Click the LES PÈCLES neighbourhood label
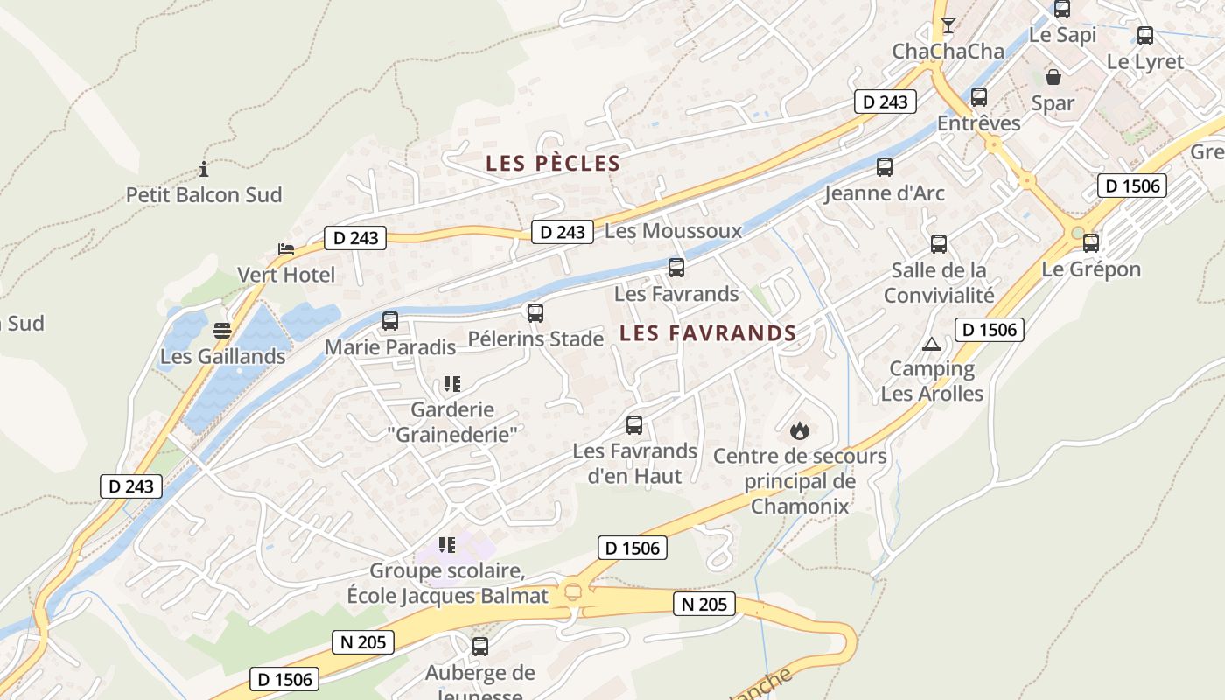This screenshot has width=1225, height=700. pos(553,164)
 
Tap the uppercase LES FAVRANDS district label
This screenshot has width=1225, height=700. pos(708,333)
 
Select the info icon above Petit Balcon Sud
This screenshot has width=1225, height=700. pos(204,169)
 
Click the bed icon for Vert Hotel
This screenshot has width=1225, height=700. pos(286,249)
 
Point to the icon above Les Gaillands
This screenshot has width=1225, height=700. pos(222,331)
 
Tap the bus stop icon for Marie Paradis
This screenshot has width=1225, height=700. pos(390,321)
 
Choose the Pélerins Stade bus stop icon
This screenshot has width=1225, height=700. pos(535,312)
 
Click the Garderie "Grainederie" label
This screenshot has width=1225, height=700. pos(452,421)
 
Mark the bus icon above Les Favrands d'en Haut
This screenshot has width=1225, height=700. pos(634,425)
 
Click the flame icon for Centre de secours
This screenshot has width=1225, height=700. pos(799,430)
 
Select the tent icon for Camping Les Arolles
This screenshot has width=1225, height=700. pos(931,344)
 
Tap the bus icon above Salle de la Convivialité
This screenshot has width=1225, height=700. pos(939,244)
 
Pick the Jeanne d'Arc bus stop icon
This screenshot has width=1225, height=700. pos(885,166)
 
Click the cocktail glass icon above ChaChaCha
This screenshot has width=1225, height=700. pos(948,24)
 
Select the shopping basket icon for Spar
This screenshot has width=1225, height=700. pos(1053,77)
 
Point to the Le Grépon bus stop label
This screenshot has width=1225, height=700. pos(1091,269)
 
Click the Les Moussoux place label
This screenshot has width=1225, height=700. pos(673,231)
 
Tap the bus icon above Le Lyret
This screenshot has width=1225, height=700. pos(1144,36)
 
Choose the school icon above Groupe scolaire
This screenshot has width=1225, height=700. pos(447,545)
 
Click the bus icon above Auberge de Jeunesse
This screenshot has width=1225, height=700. pos(479,647)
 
